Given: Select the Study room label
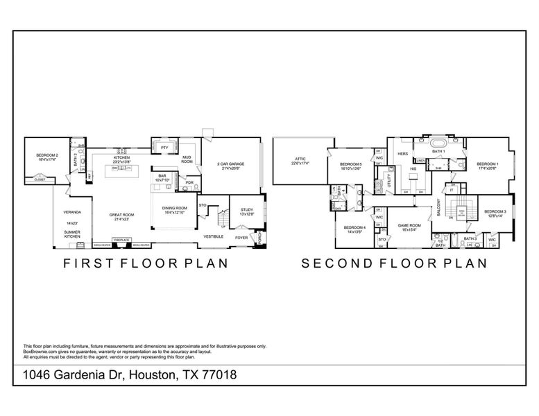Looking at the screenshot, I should (247, 209).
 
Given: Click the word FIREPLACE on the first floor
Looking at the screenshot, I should (121, 240).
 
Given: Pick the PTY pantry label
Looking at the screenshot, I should (164, 148).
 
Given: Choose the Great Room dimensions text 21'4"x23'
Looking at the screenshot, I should (121, 219).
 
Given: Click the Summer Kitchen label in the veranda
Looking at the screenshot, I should (72, 235).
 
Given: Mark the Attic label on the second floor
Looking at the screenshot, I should (300, 159).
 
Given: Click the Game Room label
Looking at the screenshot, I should (409, 225).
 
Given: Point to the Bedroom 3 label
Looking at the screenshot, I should (495, 211).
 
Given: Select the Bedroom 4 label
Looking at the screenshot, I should (354, 227).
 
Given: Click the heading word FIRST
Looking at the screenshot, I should (88, 263).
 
